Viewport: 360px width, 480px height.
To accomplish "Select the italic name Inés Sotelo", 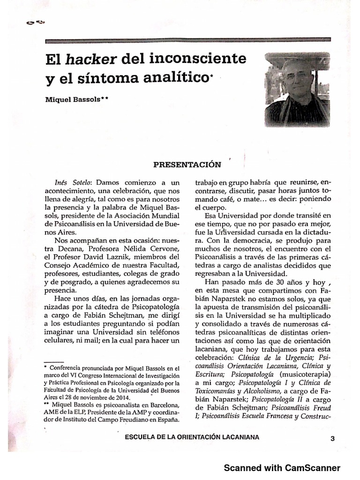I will click(x=69, y=181).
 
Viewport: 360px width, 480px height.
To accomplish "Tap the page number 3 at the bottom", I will click(x=332, y=439).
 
